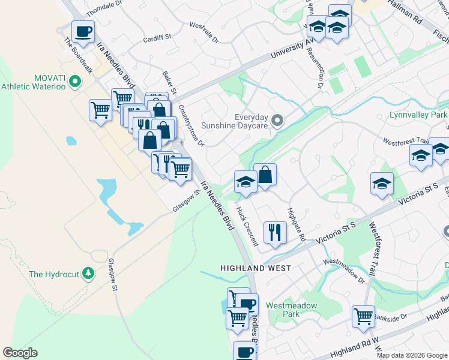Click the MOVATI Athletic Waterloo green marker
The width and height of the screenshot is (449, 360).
click(x=75, y=80)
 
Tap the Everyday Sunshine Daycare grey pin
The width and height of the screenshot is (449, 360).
click(x=277, y=121)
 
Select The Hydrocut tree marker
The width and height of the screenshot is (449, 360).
click(x=89, y=274)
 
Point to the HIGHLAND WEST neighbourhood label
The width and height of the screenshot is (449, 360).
click(x=255, y=268)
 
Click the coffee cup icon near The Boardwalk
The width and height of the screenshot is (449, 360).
click(x=83, y=31)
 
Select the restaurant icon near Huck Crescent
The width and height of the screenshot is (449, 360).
click(x=275, y=232)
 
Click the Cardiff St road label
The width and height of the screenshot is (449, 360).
click(x=157, y=38)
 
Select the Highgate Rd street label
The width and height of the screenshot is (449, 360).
click(x=296, y=223)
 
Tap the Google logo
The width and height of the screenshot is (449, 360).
click(x=20, y=353)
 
